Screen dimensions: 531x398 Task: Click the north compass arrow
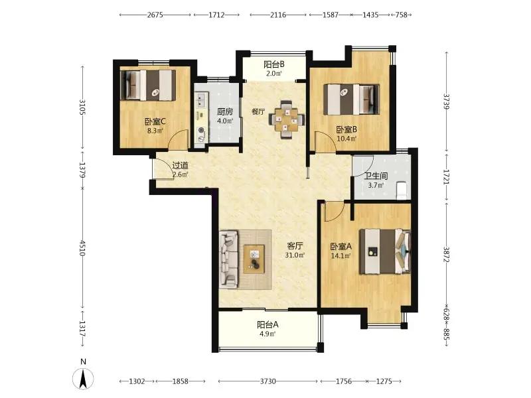point(84,378)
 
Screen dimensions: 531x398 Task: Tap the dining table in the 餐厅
point(287,119)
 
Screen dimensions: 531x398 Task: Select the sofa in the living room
point(228,259)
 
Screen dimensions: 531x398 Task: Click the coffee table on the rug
point(254,259)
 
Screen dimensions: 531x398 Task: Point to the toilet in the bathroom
point(402,190)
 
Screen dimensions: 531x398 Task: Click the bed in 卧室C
point(148,86)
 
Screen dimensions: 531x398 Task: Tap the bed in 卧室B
point(351,99)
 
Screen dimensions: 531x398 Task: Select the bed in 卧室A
point(385,251)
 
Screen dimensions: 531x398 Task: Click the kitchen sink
point(202,99)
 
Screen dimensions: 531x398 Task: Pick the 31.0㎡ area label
point(295,255)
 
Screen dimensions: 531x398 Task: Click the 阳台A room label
point(267,324)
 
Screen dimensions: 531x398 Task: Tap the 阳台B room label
point(274,64)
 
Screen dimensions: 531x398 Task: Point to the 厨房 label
point(225,111)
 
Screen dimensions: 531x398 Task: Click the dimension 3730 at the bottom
point(268,381)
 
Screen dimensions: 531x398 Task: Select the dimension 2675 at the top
point(155,15)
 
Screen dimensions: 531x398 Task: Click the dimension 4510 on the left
point(82,248)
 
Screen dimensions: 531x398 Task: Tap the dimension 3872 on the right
point(446,255)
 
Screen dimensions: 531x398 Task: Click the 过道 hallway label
point(180,165)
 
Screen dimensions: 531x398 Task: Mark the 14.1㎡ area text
point(341,256)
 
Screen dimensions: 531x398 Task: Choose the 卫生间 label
point(376,176)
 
